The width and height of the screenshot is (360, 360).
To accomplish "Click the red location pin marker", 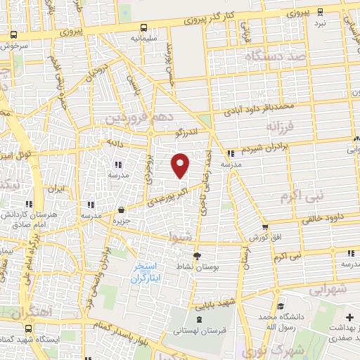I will pos(181,165).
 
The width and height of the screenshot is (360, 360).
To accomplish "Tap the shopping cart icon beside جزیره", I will pos(122,209).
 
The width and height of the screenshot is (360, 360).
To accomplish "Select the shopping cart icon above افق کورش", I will pos(265,226).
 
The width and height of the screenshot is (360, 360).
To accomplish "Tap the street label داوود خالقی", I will pos(325,217).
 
